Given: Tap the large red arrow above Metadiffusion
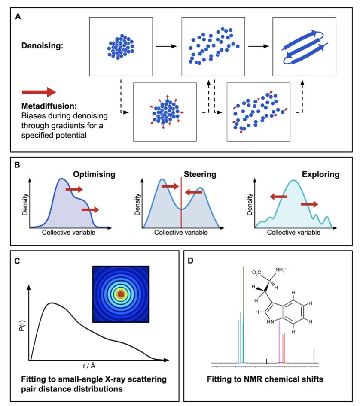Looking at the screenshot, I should click(x=39, y=92).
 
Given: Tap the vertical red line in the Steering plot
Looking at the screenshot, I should click(x=181, y=202).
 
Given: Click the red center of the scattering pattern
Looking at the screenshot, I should click(x=121, y=294).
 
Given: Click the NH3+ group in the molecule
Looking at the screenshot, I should click(x=282, y=270).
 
